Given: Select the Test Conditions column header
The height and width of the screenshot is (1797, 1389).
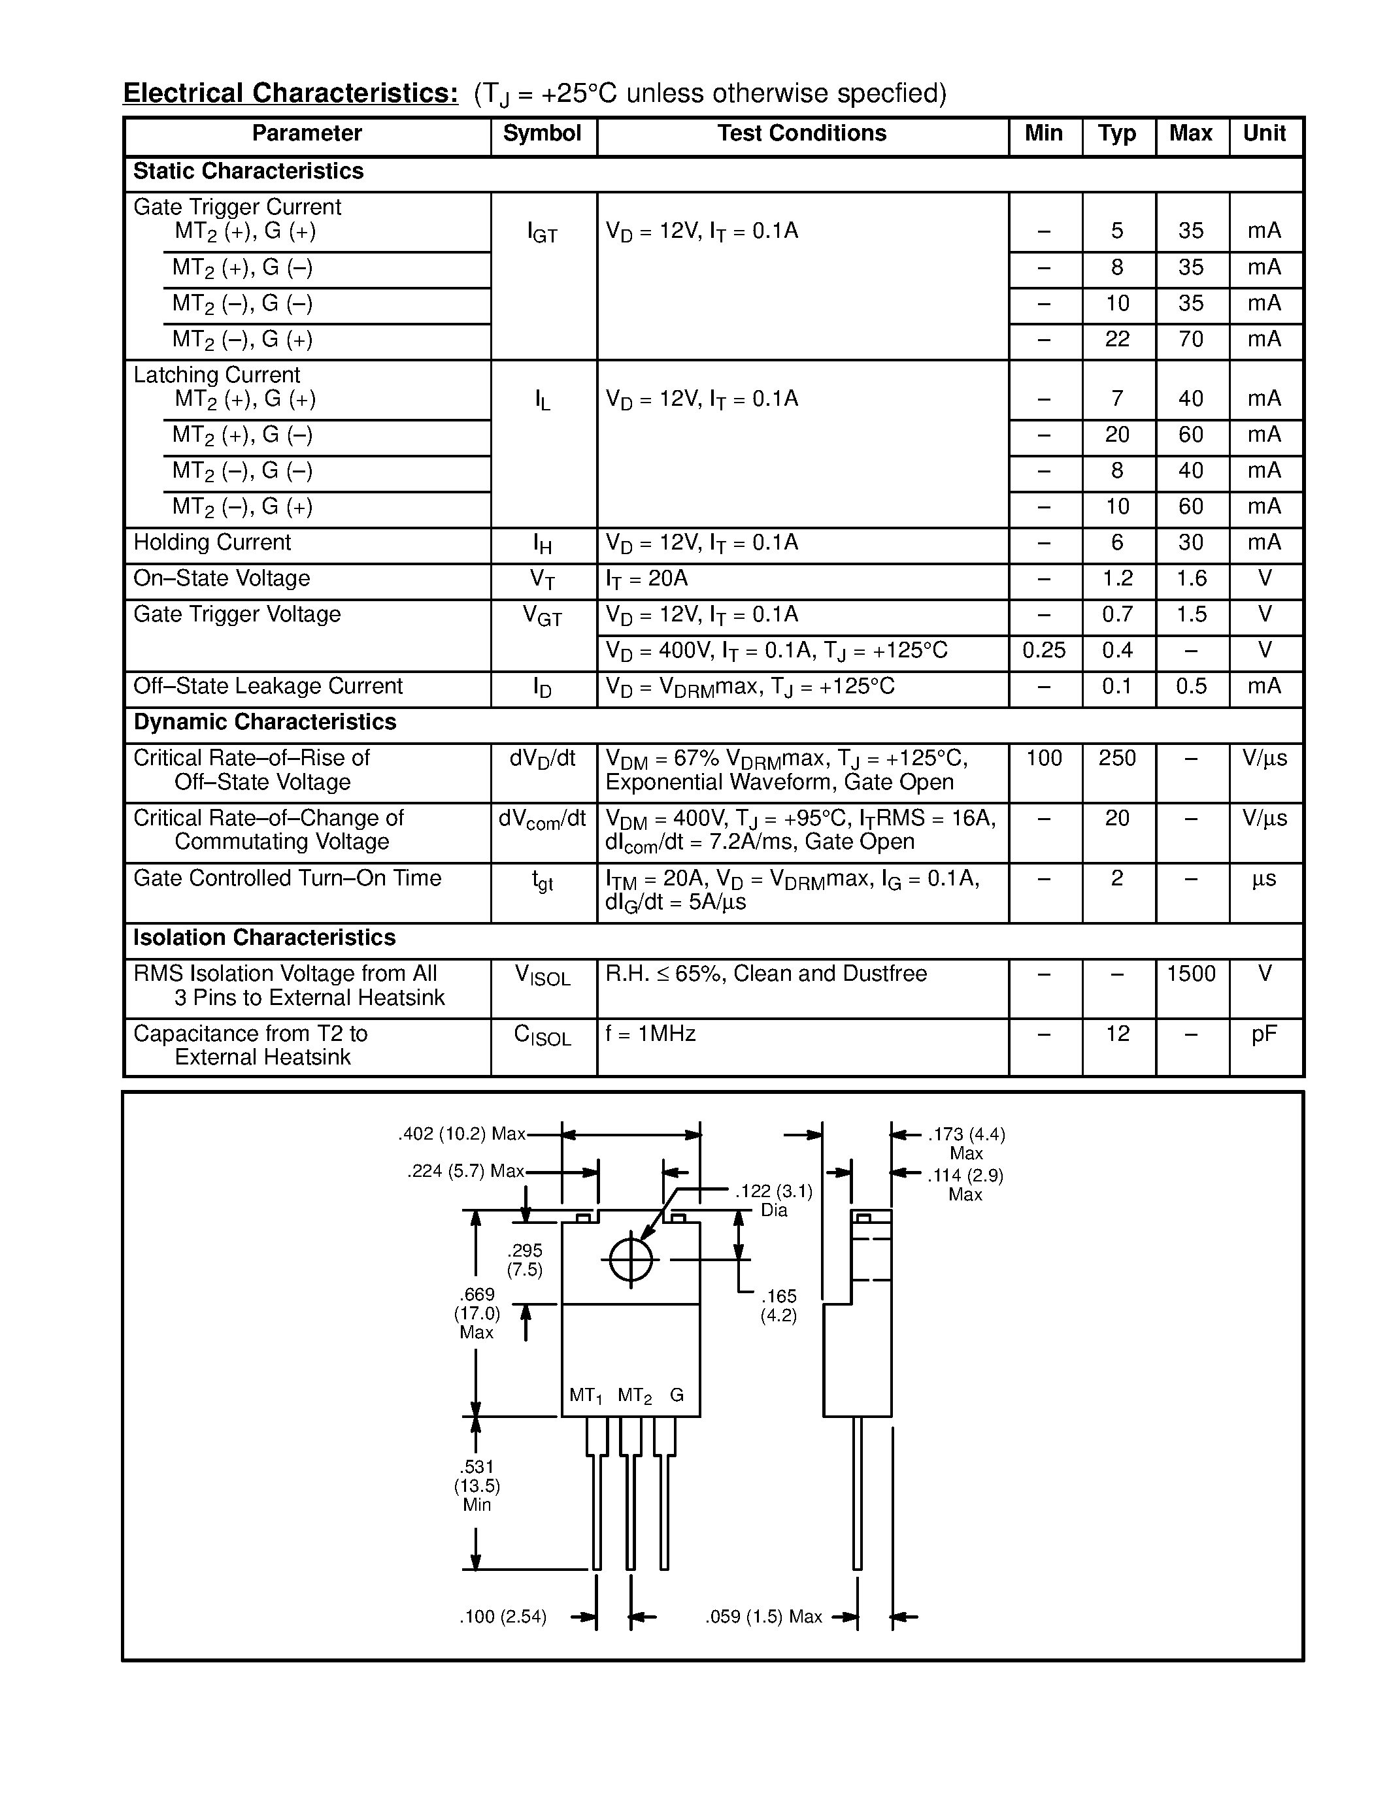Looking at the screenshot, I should tap(801, 134).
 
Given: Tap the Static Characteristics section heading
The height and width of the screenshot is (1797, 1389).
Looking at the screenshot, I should tap(248, 171).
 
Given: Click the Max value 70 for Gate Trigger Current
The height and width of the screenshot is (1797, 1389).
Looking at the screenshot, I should tap(1191, 340).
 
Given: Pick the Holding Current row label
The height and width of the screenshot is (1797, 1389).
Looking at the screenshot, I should tap(212, 543).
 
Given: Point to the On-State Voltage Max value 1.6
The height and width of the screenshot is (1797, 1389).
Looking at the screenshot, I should tap(1191, 579).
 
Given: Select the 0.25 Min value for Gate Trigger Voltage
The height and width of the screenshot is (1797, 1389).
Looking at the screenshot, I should tap(1043, 651).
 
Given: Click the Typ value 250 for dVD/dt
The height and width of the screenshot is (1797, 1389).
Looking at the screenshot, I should tap(1116, 759).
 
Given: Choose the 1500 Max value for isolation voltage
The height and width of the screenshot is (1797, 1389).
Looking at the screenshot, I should tap(1191, 974).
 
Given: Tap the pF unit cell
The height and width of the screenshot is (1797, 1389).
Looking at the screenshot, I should tap(1264, 1034).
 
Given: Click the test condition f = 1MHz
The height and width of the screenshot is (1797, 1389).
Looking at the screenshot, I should tap(651, 1034).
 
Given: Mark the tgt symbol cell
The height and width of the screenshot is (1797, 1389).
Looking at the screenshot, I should tap(543, 882).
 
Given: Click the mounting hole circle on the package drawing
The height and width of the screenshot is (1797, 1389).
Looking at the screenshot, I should tap(631, 1260).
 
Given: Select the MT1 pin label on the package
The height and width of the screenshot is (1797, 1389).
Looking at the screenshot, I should tap(586, 1396).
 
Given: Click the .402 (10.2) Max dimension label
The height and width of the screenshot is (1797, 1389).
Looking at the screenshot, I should tap(461, 1134).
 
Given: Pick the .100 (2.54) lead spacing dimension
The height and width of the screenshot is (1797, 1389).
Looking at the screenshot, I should tap(503, 1617).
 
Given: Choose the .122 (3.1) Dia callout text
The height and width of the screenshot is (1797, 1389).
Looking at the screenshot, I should tap(773, 1200).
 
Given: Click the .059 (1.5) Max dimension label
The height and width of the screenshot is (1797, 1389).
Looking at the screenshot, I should tap(763, 1617).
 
